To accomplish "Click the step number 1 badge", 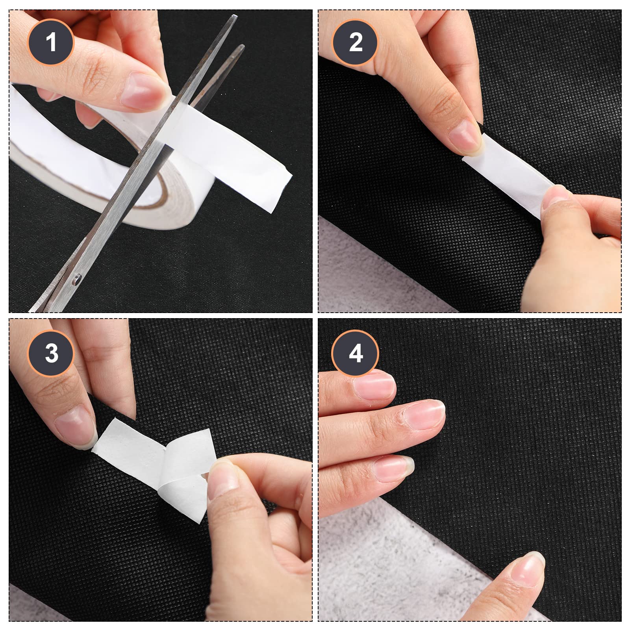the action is click(51, 42).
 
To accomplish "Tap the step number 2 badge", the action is click(356, 42).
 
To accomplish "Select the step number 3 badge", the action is click(51, 353).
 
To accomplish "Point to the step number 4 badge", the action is click(356, 353).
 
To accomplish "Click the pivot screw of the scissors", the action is click(76, 280).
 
